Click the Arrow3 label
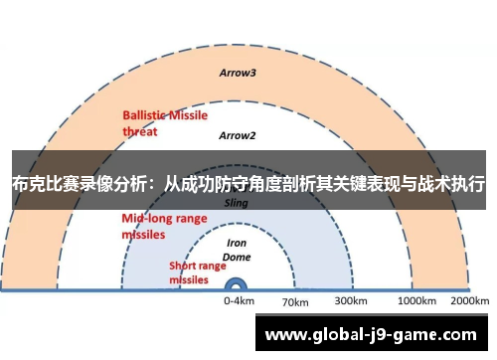pos(238,73)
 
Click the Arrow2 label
pos(238,135)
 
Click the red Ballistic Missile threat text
pos(164,121)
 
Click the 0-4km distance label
pos(239,300)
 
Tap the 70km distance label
pos(296,301)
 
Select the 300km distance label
pos(350,300)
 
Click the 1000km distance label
pos(416,300)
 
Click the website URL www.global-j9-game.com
pos(373,335)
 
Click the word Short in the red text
pos(183,266)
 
